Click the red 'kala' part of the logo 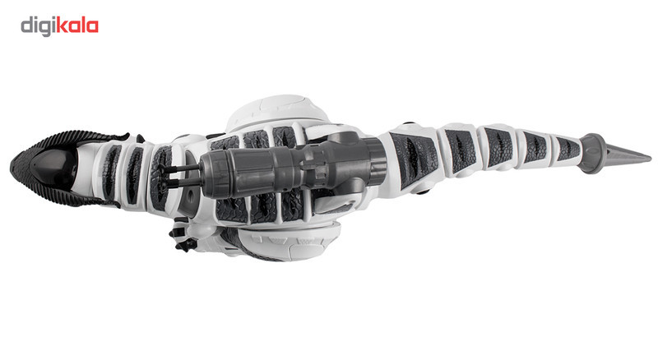[77, 26]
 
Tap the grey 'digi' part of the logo [38, 27]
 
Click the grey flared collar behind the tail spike [592, 153]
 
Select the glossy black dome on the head [54, 168]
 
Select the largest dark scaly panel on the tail [414, 159]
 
